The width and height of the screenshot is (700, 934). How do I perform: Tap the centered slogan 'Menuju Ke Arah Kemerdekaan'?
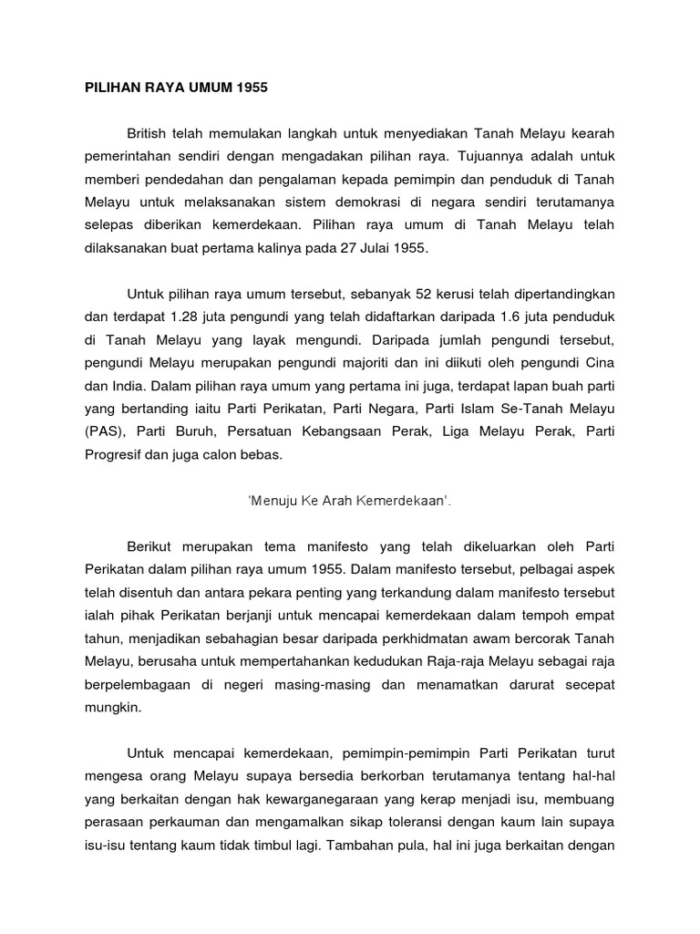point(349,501)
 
